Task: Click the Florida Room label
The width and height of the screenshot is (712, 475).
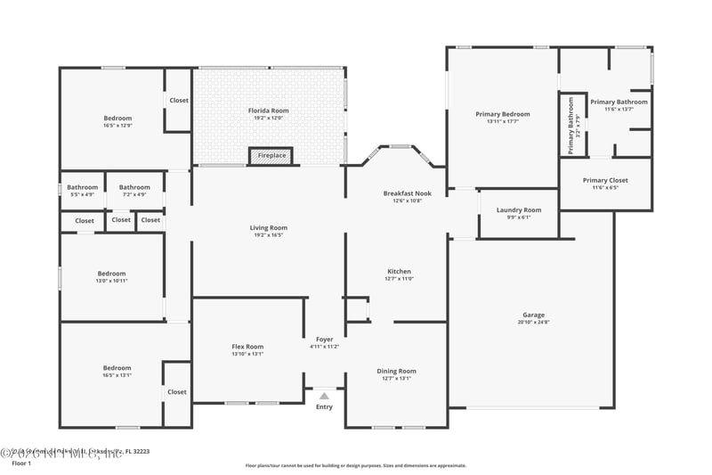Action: pyautogui.click(x=268, y=111)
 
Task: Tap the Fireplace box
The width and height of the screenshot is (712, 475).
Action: pyautogui.click(x=271, y=156)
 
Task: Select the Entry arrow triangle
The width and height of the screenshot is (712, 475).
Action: pyautogui.click(x=324, y=397)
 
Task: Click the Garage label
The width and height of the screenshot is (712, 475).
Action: pyautogui.click(x=533, y=315)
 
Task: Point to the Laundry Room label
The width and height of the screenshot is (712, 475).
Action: pyautogui.click(x=518, y=210)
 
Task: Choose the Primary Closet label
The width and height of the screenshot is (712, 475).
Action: pyautogui.click(x=605, y=180)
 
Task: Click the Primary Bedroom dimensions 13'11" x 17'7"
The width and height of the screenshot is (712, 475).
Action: pyautogui.click(x=502, y=121)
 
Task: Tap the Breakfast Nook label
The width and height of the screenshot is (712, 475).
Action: pyautogui.click(x=407, y=193)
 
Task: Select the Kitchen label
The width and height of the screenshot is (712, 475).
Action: pyautogui.click(x=399, y=271)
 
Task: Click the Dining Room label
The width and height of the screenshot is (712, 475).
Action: pyautogui.click(x=396, y=371)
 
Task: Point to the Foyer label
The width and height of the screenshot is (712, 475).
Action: pyautogui.click(x=324, y=339)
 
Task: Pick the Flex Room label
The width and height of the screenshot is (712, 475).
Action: pyautogui.click(x=247, y=347)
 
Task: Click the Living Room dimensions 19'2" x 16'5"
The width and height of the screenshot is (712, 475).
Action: pyautogui.click(x=268, y=235)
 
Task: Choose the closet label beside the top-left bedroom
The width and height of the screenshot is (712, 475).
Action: pyautogui.click(x=178, y=101)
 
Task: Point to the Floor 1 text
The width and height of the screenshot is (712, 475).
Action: pyautogui.click(x=21, y=463)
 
